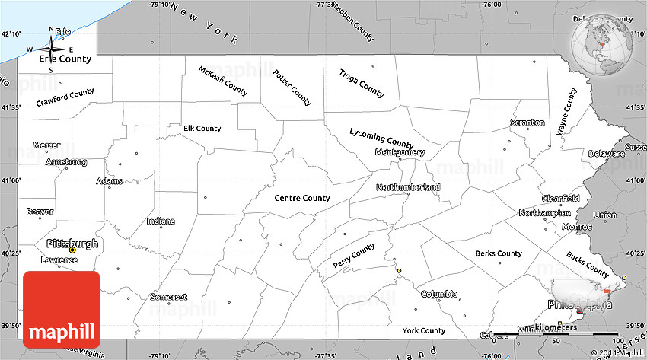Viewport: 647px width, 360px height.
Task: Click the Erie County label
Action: [x=65, y=59]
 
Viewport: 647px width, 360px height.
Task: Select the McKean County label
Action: [x=223, y=80]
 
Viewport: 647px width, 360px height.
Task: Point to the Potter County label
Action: [x=292, y=88]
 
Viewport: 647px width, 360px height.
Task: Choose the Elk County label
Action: [x=202, y=129]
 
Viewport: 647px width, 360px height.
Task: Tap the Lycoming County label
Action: [x=381, y=138]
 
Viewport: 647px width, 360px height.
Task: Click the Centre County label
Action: [x=302, y=198]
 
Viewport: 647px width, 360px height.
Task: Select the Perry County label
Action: [x=354, y=256]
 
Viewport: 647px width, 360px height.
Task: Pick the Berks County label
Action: [x=499, y=253]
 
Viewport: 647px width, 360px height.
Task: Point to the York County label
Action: [x=423, y=330]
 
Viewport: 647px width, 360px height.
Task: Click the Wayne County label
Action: [x=566, y=111]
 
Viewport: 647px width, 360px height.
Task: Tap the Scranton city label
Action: [x=527, y=123]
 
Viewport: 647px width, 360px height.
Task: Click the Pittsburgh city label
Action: [x=72, y=244]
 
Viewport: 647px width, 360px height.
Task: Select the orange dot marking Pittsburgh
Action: [x=72, y=250]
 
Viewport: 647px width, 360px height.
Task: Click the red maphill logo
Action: [x=62, y=311]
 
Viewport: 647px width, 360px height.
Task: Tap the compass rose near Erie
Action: [x=51, y=49]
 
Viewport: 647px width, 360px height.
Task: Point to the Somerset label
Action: [x=169, y=297]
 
